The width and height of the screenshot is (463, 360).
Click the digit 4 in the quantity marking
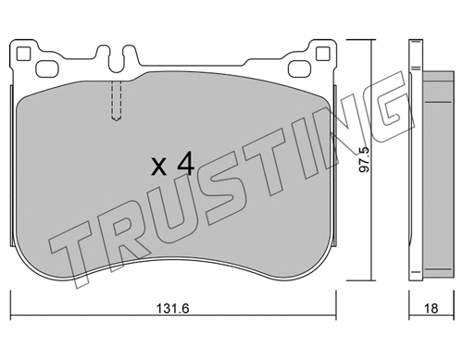(x=184, y=166)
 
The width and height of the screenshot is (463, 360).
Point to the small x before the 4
(x=158, y=168)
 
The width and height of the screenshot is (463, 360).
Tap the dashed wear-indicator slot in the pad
(x=116, y=100)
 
